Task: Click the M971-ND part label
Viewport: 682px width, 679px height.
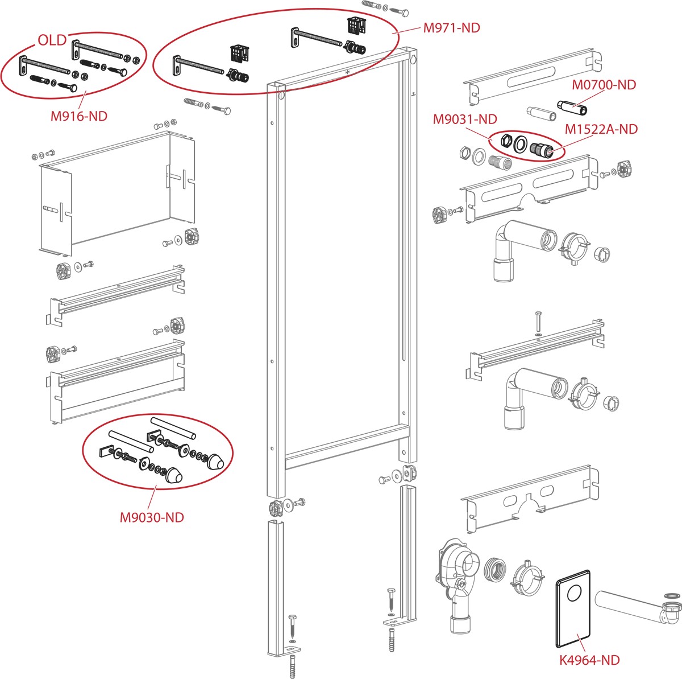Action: [451, 27]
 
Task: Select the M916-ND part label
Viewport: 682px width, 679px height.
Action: [79, 116]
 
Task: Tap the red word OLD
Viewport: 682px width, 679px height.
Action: [52, 40]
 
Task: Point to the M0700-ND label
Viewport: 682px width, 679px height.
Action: [604, 85]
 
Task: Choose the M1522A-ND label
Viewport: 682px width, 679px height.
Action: [601, 129]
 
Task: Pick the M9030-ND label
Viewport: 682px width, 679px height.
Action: [152, 517]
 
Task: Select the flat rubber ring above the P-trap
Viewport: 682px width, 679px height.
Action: [672, 596]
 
